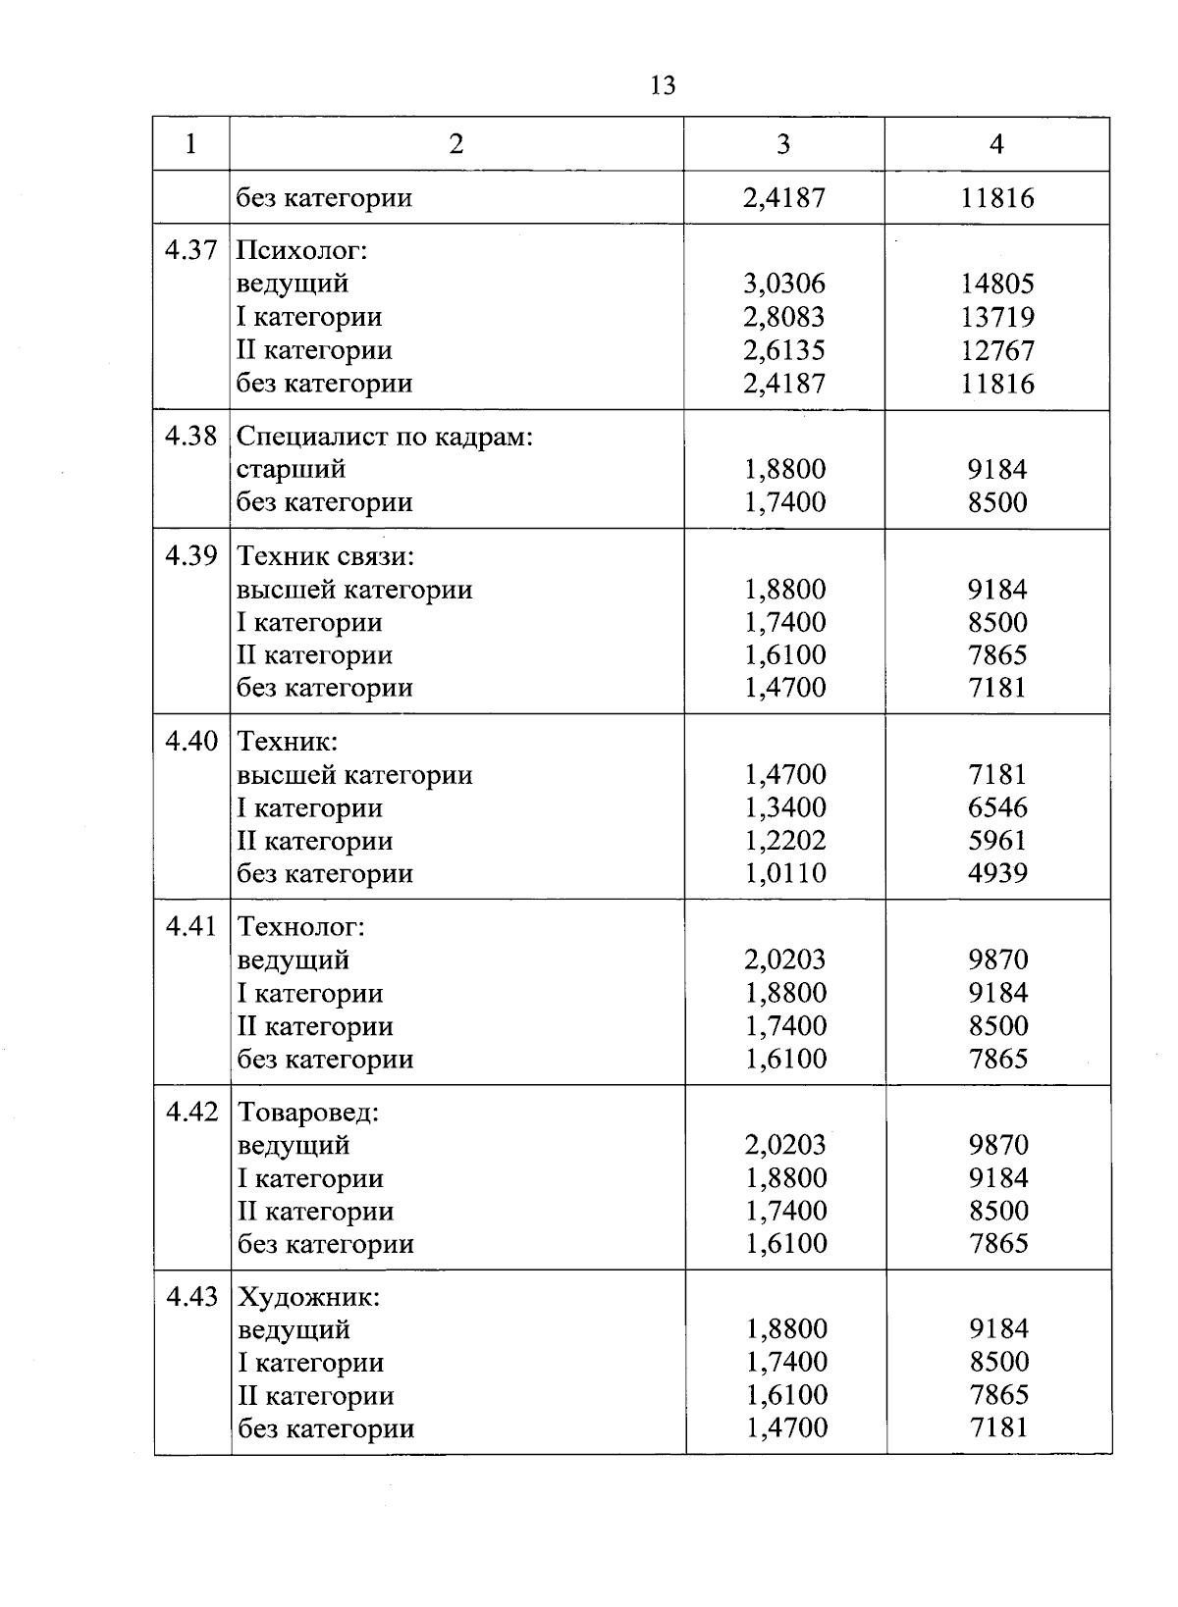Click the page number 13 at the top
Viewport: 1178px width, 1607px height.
(663, 86)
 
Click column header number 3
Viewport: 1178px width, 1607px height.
(782, 145)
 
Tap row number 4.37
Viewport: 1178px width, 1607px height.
(190, 250)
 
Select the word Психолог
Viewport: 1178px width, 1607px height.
(301, 251)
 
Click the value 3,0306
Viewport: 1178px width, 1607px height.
(784, 285)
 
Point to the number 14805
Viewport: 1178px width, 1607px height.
(996, 285)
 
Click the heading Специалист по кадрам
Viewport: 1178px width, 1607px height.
(384, 437)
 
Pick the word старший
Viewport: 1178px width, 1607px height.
(291, 469)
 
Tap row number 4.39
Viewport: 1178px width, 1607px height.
(190, 556)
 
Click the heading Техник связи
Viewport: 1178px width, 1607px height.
(326, 557)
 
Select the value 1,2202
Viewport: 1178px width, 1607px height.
(784, 841)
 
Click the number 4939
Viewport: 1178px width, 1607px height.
(997, 873)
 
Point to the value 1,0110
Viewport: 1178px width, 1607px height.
(784, 873)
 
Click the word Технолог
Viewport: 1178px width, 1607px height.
(300, 927)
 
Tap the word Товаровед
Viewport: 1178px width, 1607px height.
(308, 1114)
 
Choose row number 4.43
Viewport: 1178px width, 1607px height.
(191, 1297)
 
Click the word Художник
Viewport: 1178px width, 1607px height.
(308, 1298)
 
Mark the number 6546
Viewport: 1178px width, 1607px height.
(997, 807)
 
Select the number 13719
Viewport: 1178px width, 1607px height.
(996, 318)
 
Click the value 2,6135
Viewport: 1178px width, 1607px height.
(784, 350)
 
